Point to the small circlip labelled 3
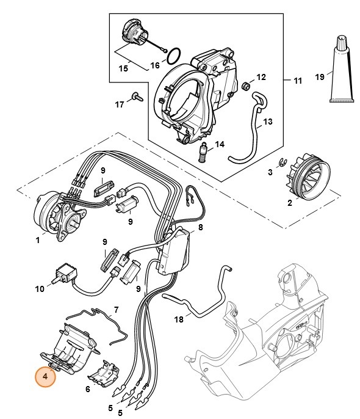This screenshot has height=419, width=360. (282, 162)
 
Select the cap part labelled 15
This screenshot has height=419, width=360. (134, 32)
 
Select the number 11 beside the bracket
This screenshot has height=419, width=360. (298, 80)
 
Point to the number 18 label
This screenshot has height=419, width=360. (178, 319)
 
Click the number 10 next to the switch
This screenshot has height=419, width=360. (39, 288)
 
